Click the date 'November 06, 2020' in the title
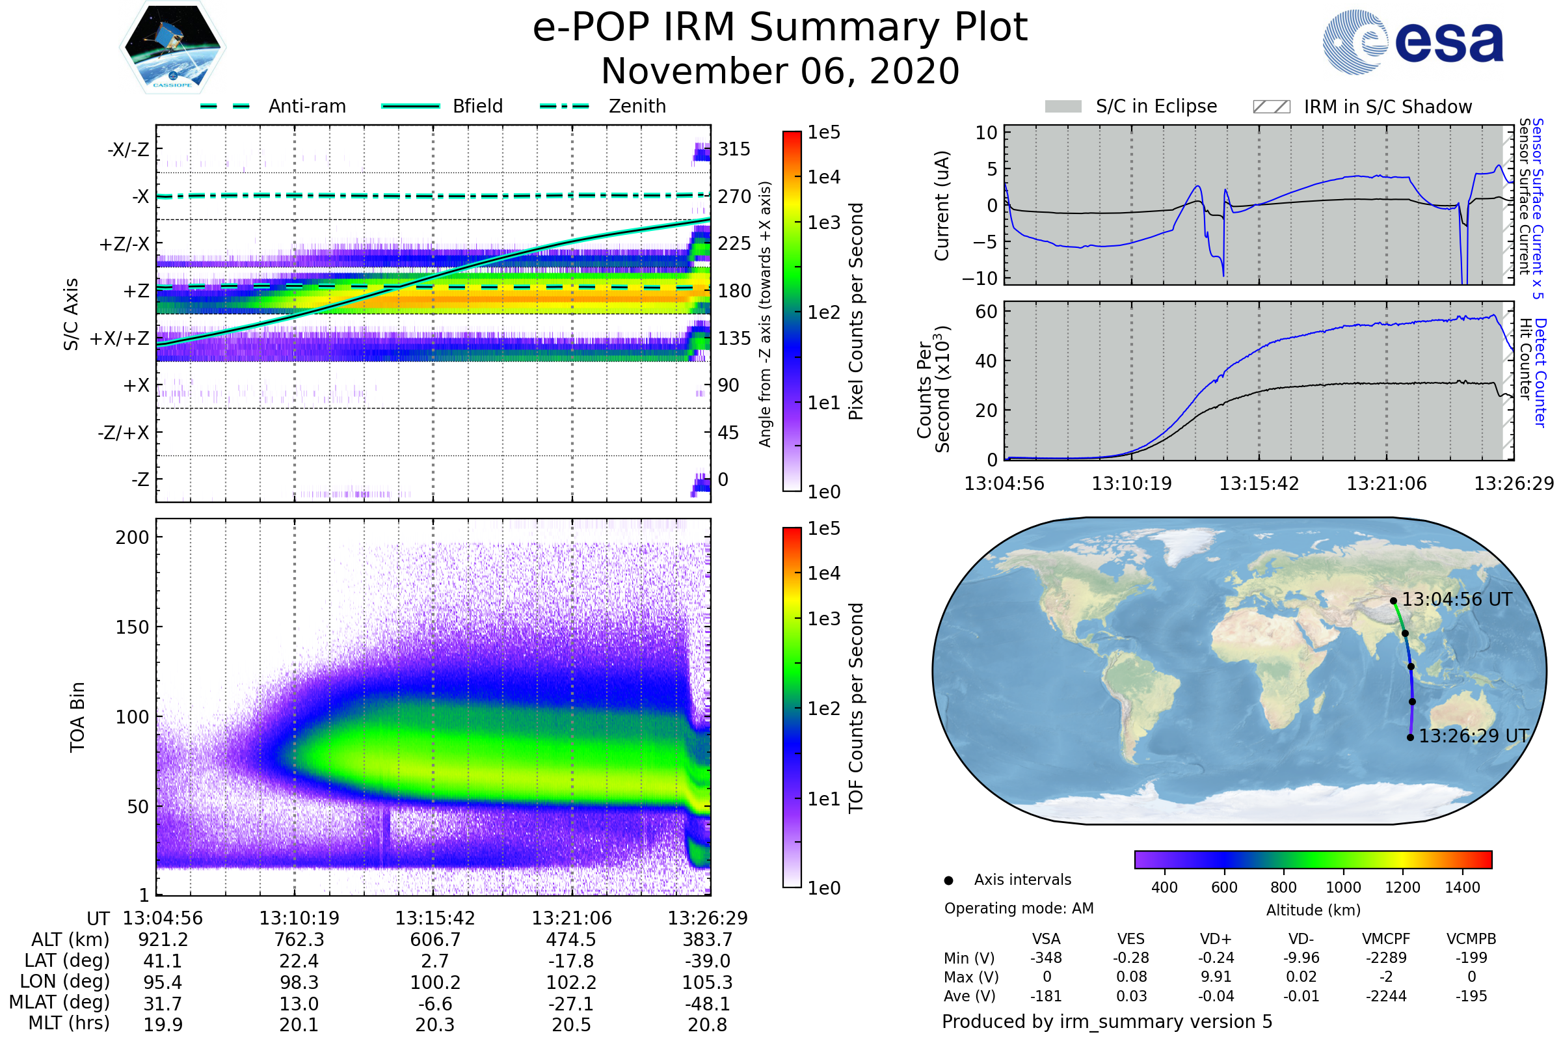[780, 72]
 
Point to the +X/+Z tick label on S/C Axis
[120, 338]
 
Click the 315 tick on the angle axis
[734, 149]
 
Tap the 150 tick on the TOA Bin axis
[132, 627]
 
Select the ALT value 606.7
[434, 940]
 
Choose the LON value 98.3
[299, 982]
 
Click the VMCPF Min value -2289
[1386, 958]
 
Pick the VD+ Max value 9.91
[1216, 977]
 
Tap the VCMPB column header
[1471, 940]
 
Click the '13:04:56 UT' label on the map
[1456, 599]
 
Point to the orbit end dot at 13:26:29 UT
[1410, 738]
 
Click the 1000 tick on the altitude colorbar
[1343, 887]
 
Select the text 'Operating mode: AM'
[1019, 908]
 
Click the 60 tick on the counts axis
[986, 312]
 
